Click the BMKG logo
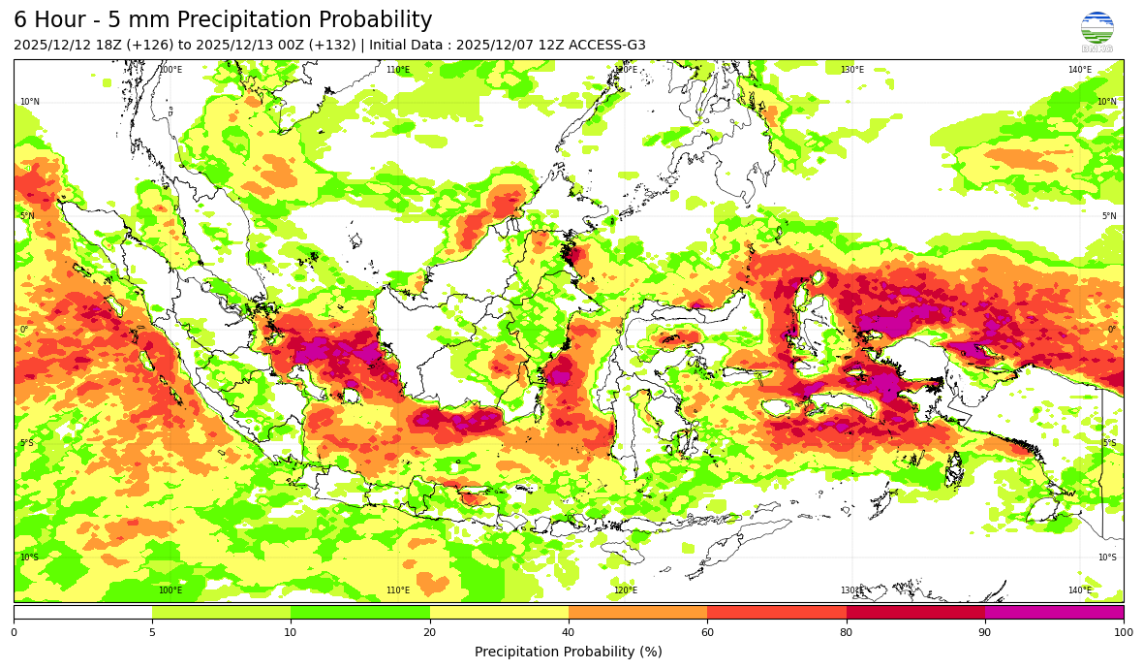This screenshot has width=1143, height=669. (1097, 31)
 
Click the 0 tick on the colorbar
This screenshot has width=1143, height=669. (14, 632)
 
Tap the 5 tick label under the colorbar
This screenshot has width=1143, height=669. (152, 632)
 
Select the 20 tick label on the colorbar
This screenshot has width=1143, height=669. (430, 632)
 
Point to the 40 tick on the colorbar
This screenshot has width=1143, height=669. (569, 632)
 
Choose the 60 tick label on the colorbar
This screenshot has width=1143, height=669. (707, 632)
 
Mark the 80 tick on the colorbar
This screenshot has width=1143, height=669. (847, 632)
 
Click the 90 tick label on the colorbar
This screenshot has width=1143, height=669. (985, 632)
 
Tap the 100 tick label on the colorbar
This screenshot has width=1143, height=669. (1123, 632)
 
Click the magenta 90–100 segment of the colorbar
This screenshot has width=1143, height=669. (1054, 613)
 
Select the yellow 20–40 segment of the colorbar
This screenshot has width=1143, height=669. (499, 613)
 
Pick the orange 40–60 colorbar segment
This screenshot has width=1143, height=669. (637, 613)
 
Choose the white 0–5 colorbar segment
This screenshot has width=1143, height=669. (82, 613)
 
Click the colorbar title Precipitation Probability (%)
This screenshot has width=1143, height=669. (569, 652)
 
